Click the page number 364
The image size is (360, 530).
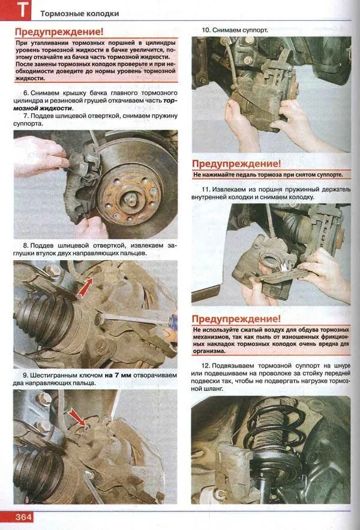click(x=23, y=517)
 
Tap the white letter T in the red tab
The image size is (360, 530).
click(x=22, y=10)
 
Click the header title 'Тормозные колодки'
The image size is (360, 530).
click(x=80, y=14)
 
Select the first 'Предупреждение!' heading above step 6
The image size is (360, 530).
click(x=59, y=32)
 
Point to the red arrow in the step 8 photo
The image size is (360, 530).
click(x=85, y=287)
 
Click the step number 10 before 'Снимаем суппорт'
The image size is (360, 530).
click(x=206, y=30)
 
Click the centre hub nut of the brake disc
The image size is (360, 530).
click(x=130, y=199)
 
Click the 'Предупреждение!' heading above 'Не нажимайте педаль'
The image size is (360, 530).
click(x=236, y=164)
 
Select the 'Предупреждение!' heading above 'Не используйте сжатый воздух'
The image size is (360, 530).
click(x=236, y=319)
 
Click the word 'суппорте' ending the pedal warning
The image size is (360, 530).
click(x=328, y=175)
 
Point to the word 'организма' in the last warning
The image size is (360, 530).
click(x=209, y=351)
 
